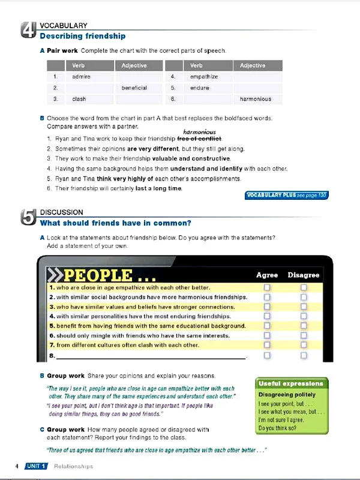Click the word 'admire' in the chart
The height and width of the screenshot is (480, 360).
81,77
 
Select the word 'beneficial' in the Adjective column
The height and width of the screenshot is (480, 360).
134,88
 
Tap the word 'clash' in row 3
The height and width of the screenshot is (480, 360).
79,99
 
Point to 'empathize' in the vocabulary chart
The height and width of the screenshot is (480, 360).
204,77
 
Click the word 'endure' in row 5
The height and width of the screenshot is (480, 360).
200,88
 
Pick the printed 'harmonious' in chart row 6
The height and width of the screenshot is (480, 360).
255,99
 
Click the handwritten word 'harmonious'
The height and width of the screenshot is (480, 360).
199,132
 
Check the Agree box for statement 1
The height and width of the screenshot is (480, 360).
267,288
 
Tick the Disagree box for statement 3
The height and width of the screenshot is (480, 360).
304,307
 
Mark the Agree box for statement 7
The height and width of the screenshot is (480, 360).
267,346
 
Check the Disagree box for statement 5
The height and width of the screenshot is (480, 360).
304,326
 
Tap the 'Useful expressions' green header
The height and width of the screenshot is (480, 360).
291,383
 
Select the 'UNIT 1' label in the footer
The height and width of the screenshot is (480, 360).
36,466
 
